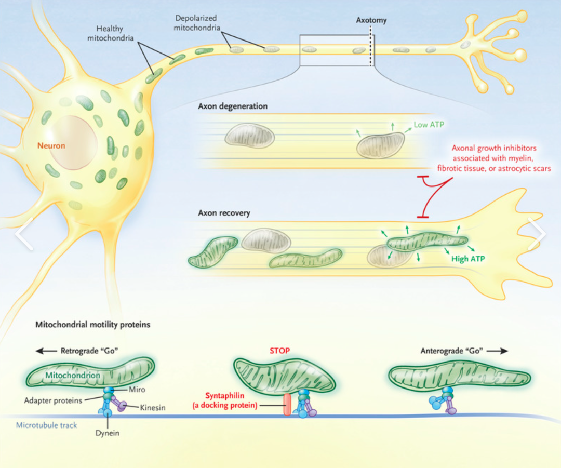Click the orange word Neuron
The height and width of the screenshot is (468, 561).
pos(51,146)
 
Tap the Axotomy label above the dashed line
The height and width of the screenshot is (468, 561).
pos(371,21)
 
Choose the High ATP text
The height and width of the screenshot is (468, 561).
pos(467,258)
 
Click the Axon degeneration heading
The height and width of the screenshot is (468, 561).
pos(233,106)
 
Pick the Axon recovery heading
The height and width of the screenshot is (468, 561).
pos(224,213)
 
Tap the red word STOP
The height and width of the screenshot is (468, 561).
pos(279,351)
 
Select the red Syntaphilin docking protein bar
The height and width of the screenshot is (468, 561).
pos(287,404)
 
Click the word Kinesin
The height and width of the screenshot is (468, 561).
pos(153,408)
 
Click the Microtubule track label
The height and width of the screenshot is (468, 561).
pos(46,425)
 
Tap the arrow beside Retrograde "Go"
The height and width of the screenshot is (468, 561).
pos(45,351)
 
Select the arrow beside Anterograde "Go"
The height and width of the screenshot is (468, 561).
pos(498,351)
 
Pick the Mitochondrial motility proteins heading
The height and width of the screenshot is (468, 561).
pos(92,325)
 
